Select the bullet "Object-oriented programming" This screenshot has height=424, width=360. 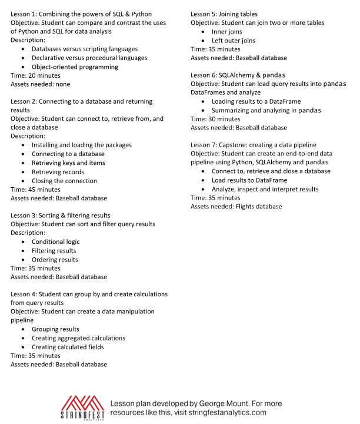coord(75,67)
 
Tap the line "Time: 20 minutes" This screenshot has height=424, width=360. coord(35,76)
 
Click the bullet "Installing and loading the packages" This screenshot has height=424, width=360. coord(82,145)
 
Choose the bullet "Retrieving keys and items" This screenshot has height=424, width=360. coord(68,163)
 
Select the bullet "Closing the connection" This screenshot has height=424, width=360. coord(64,181)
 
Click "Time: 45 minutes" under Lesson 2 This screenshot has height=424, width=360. coord(35,190)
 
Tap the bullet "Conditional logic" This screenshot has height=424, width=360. coord(55,241)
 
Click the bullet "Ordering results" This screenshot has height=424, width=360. coord(55,260)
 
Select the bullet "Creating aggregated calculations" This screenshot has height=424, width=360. coord(78,338)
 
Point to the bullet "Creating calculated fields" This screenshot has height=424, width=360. coord(68,347)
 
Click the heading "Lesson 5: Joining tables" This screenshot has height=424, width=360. coord(224,14)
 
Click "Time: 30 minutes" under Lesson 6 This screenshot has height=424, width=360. coord(215,118)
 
